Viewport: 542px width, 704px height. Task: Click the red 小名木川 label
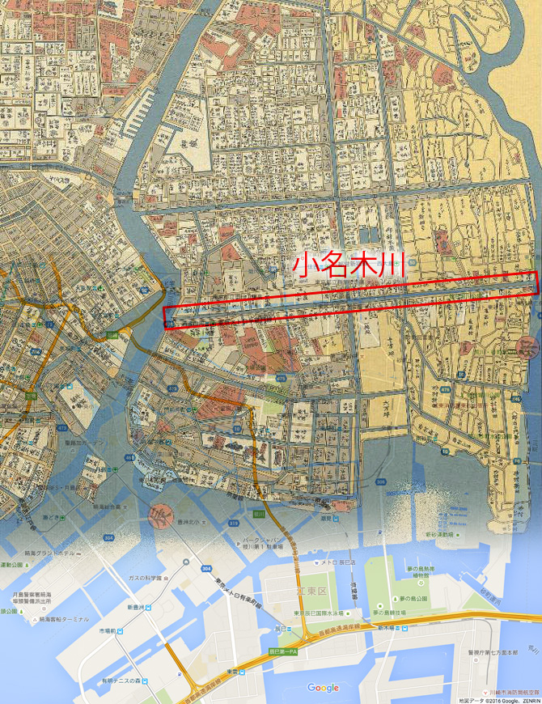[348, 265]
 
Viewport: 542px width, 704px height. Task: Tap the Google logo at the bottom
[324, 688]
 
